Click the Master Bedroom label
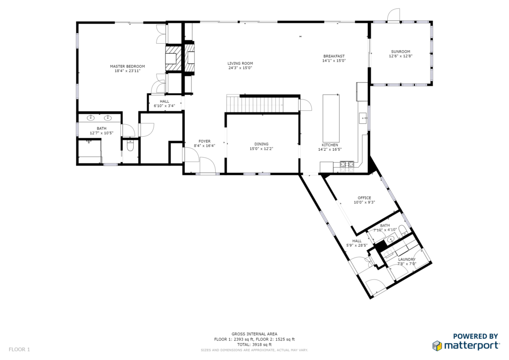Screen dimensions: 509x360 [127, 66]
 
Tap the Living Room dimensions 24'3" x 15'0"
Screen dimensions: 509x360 [240, 68]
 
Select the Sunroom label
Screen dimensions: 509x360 [401, 52]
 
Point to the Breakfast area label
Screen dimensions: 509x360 [334, 56]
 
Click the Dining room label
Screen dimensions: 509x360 [261, 144]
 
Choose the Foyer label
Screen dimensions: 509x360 [204, 141]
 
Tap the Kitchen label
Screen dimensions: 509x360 [330, 145]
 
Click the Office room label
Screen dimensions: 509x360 [364, 198]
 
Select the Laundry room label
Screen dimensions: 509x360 [407, 260]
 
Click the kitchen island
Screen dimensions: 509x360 [331, 118]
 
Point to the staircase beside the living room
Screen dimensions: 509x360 [254, 103]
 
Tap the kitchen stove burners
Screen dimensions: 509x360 [347, 165]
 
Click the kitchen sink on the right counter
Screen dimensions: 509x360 [363, 118]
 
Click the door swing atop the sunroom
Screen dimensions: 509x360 [394, 14]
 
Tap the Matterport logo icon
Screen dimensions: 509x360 [437, 346]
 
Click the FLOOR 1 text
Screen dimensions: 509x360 [19, 350]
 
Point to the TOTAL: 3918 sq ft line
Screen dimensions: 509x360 [254, 345]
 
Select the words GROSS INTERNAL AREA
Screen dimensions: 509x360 [254, 334]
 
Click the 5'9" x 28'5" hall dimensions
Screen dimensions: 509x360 [357, 246]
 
